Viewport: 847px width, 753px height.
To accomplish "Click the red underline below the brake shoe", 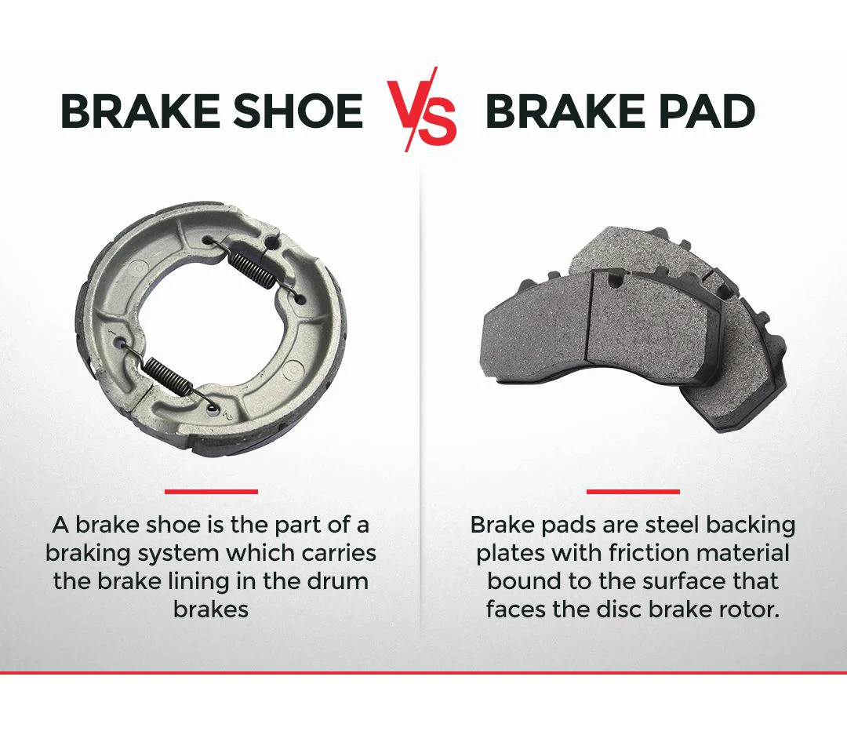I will click(211, 492).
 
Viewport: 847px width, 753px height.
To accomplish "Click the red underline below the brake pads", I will click(633, 492).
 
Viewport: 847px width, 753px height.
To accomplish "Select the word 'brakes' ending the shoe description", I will click(211, 609).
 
